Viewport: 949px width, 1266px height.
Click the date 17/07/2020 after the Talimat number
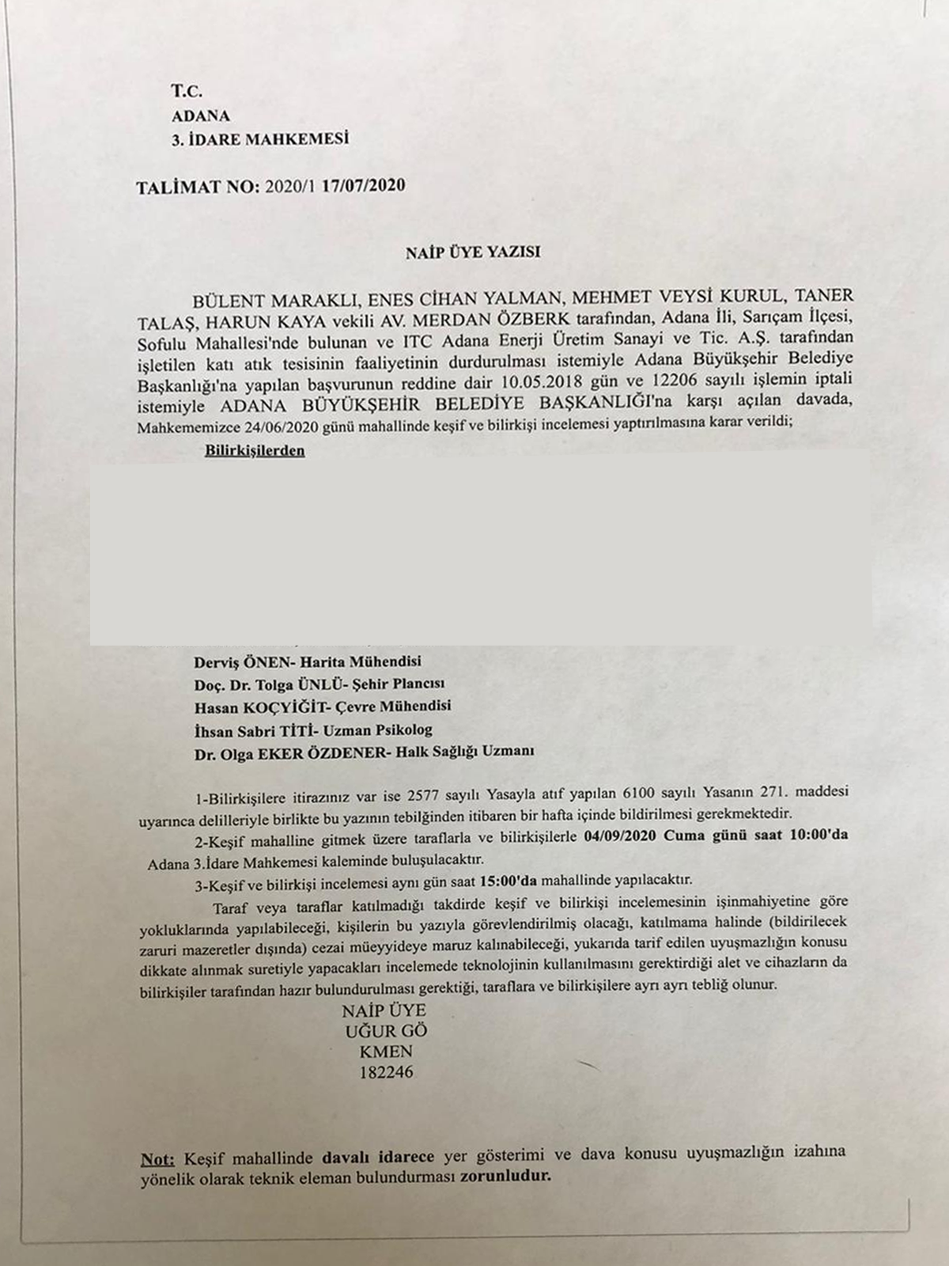click(x=369, y=187)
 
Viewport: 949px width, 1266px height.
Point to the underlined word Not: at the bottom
click(x=157, y=1158)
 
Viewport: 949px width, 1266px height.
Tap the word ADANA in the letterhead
click(x=201, y=116)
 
